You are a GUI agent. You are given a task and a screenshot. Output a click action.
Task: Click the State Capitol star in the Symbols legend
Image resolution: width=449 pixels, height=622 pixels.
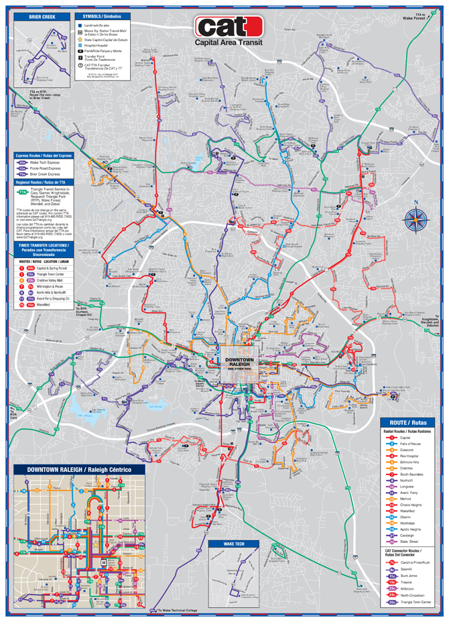click(81, 40)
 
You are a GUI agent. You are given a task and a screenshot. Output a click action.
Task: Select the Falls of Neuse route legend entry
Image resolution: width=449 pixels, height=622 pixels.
click(409, 444)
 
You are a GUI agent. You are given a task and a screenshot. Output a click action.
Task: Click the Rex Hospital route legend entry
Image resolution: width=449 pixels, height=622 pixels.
click(409, 456)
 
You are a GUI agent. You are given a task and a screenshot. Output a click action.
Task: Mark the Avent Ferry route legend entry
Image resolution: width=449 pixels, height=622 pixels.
click(409, 493)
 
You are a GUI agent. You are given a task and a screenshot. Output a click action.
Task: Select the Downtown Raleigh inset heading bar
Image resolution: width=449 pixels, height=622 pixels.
click(79, 469)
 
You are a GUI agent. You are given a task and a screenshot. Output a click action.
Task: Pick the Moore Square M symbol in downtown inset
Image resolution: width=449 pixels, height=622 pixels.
click(104, 561)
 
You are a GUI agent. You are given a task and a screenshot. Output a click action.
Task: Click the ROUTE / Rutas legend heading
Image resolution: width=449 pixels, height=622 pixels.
click(408, 422)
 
